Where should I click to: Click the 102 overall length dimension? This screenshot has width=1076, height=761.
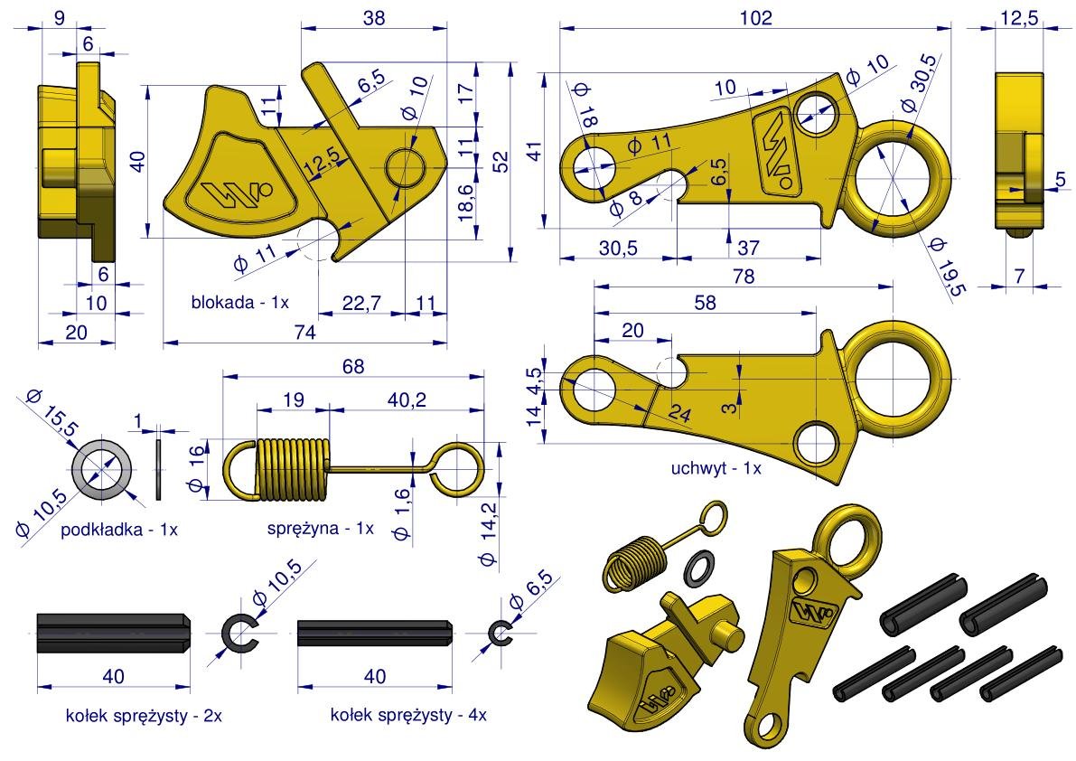coord(754,17)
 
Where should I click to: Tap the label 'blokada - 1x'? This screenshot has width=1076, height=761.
coord(239,302)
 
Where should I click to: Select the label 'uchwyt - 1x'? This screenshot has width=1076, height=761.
coord(716,468)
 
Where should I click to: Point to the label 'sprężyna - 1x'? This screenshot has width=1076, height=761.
coord(320,529)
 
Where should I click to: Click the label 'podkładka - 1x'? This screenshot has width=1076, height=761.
coord(118,529)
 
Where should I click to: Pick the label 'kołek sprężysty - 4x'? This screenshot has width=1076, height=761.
coord(408,715)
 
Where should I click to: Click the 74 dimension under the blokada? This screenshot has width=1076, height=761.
coord(304,334)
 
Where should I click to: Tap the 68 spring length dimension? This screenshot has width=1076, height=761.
coord(353,366)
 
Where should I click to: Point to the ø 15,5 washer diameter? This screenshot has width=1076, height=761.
coord(50,411)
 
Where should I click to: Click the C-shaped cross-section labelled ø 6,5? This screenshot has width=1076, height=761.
coord(499,634)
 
